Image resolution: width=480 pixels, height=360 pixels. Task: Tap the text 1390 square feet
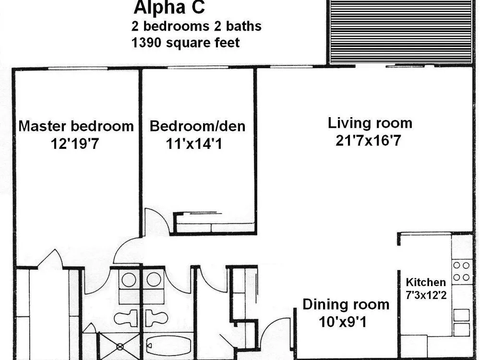185,43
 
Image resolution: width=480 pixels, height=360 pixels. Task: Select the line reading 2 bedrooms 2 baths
196,26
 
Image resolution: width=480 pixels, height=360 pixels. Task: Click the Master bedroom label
76,126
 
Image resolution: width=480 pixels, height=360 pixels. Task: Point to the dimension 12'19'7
75,143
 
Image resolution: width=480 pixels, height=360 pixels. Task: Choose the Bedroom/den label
197,126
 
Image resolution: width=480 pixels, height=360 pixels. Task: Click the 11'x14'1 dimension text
194,143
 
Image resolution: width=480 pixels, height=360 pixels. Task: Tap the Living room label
370,123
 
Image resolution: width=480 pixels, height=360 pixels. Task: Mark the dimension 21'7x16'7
368,141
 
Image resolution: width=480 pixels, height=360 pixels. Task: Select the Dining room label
346,305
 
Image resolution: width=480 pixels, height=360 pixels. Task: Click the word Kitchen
426,282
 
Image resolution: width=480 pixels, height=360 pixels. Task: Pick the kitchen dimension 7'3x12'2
426,295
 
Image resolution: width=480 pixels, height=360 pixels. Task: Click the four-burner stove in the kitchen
461,271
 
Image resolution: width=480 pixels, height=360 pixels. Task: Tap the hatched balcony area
400,32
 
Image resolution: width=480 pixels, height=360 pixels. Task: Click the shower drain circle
120,347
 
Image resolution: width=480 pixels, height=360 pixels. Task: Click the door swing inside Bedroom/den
156,221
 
